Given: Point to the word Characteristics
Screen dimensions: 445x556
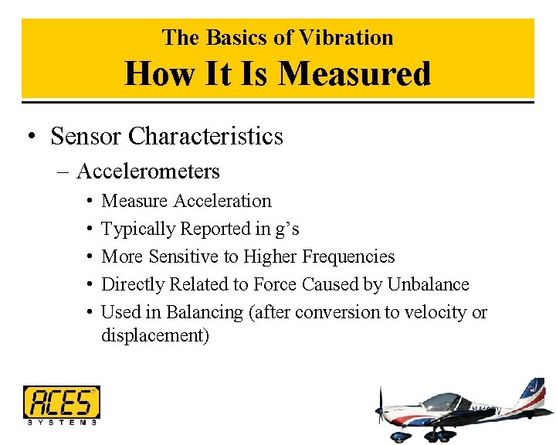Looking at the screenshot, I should point(206,136).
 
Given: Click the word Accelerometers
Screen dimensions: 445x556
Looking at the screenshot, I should point(148,171).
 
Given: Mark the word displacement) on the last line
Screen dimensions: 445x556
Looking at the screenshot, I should point(155,336).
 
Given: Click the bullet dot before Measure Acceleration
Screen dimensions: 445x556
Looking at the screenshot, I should point(90,201).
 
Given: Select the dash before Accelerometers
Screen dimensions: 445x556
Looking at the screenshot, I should point(63,172).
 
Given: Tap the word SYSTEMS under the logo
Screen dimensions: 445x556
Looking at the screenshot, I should point(62,422).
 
